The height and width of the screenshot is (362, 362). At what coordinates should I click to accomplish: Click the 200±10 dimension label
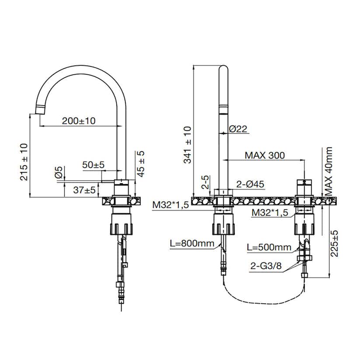tap(79, 121)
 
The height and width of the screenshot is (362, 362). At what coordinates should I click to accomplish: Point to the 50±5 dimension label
tap(94, 165)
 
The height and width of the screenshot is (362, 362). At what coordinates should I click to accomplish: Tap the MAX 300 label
tap(264, 155)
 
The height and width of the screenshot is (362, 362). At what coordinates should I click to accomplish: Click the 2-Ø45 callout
tap(251, 184)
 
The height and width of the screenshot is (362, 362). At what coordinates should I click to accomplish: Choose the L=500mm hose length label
tap(269, 247)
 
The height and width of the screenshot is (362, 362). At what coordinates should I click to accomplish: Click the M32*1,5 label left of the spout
tap(171, 205)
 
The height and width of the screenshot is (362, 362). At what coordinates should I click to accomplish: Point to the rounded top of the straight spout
tap(223, 69)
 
